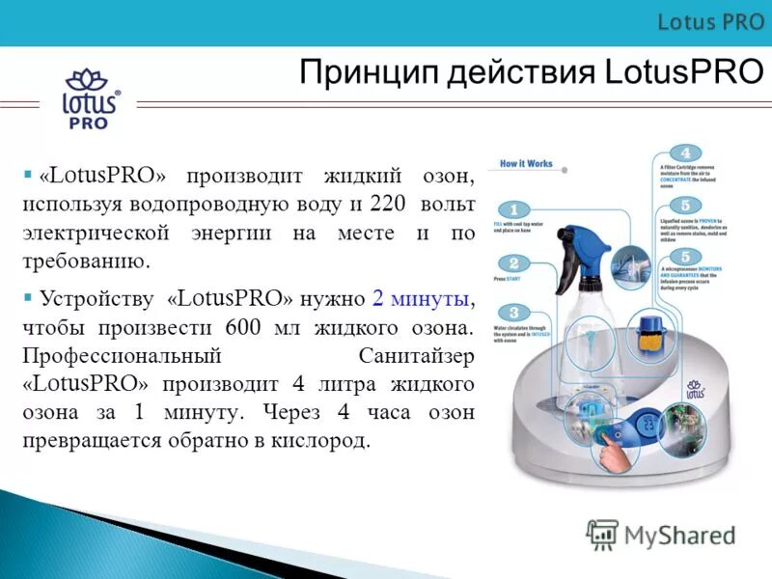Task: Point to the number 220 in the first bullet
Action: (x=390, y=204)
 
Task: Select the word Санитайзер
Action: (x=416, y=355)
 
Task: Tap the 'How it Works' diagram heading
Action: (x=527, y=163)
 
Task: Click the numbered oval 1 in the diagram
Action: (x=514, y=209)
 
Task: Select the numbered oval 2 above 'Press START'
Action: (x=514, y=262)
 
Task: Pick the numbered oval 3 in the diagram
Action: (x=514, y=313)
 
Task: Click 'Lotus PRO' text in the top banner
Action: (x=711, y=22)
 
